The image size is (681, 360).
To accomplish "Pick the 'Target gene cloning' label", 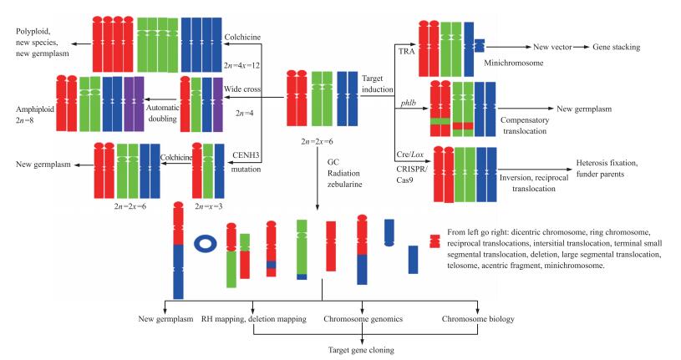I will [x=361, y=352].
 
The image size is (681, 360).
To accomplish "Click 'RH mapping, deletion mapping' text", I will [x=252, y=319].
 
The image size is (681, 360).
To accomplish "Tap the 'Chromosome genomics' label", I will [x=361, y=319].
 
